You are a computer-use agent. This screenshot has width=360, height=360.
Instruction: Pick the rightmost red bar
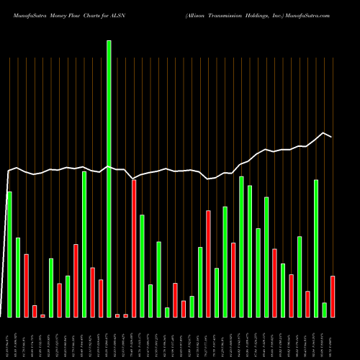333,296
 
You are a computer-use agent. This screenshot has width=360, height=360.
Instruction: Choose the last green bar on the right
324,310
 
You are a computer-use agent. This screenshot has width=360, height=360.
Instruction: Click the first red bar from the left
26,285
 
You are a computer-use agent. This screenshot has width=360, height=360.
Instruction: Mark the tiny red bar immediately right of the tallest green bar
117,315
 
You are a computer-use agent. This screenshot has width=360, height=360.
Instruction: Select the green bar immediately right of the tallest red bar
142,266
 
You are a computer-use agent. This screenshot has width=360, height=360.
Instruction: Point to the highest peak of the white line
324,133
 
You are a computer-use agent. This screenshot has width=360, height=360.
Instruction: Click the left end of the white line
8,171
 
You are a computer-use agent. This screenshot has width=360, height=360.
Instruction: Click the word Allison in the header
197,14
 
